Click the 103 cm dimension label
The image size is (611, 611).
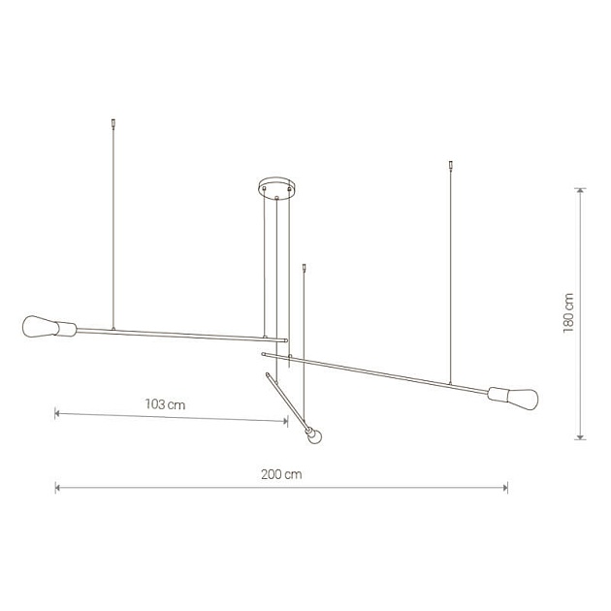coord(165,404)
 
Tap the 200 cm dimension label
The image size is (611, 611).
coord(281,474)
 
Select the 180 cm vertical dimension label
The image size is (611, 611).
coord(568,313)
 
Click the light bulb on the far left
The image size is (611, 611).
coord(40,327)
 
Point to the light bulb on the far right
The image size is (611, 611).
coord(522,399)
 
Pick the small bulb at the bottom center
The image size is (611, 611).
coord(315,436)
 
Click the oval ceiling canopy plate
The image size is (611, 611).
coord(277,185)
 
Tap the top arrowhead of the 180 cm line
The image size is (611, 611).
coord(581,190)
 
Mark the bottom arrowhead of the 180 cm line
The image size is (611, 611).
coord(581,436)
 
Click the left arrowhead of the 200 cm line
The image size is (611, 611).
coord(57,487)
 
